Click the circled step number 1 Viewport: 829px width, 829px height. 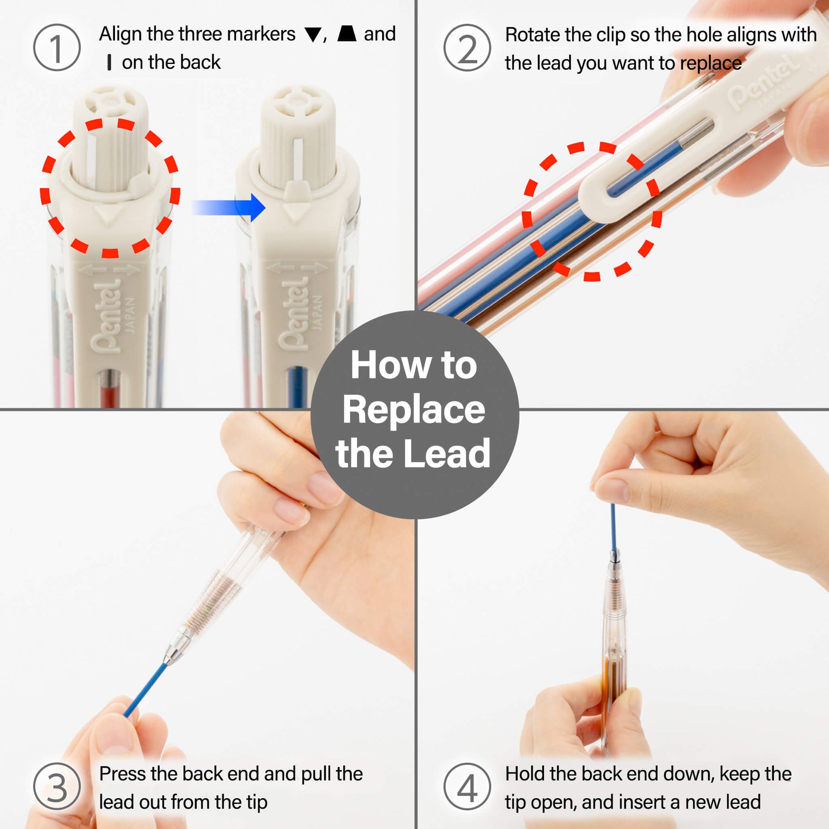[57, 48]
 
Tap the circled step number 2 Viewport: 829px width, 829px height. [467, 48]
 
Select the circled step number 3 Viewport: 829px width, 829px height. [57, 786]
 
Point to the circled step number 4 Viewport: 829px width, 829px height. [467, 786]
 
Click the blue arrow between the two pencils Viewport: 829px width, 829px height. [228, 208]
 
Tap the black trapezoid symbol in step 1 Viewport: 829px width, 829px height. [347, 34]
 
